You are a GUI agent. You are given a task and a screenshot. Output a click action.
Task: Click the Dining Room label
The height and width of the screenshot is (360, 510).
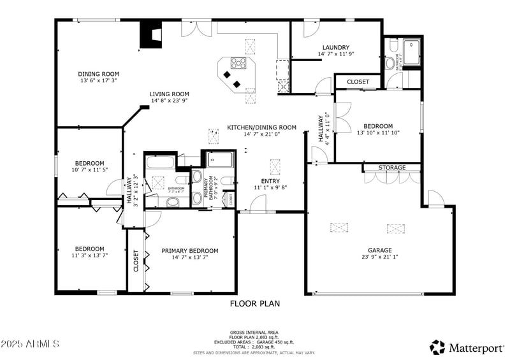click(x=99, y=74)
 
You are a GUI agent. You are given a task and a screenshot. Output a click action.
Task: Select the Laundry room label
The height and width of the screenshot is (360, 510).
click(x=335, y=47)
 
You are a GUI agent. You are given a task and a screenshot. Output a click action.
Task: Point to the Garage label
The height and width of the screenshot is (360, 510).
click(x=379, y=250)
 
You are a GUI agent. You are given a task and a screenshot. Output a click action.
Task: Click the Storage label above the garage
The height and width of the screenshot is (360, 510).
click(x=391, y=168)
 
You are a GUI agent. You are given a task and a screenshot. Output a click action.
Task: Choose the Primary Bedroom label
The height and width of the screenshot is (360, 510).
click(x=189, y=250)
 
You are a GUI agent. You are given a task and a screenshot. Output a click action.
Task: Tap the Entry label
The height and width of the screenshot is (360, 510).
click(x=271, y=181)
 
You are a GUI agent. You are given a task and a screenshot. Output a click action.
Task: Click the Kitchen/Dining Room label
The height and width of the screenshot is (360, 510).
click(x=261, y=127)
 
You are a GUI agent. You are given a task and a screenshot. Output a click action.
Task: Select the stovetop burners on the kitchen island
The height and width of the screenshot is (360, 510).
click(x=238, y=63)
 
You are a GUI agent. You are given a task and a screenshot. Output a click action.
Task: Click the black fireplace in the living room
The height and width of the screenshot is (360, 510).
click(x=151, y=35)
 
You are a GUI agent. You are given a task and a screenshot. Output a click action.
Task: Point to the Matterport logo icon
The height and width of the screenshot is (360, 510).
click(x=437, y=347)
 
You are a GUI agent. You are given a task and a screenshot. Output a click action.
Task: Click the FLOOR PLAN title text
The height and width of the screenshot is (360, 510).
click(x=254, y=304)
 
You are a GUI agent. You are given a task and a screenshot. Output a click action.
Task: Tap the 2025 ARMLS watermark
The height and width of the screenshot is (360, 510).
click(x=30, y=344)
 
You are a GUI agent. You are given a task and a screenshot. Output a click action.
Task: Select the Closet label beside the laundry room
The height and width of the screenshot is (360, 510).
click(x=358, y=82)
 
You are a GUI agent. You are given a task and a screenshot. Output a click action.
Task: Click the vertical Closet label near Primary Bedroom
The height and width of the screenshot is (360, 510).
click(x=136, y=261)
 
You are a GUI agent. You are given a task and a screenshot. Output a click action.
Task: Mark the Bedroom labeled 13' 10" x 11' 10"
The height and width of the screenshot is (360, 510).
click(x=377, y=126)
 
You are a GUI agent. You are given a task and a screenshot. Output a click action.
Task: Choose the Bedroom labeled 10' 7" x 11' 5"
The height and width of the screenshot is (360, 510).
click(x=89, y=163)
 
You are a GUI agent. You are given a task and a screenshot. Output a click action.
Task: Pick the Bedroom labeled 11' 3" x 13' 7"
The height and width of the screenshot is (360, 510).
click(x=89, y=248)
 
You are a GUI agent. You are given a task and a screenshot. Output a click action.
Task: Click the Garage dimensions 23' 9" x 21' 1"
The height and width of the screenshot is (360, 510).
click(x=379, y=257)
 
